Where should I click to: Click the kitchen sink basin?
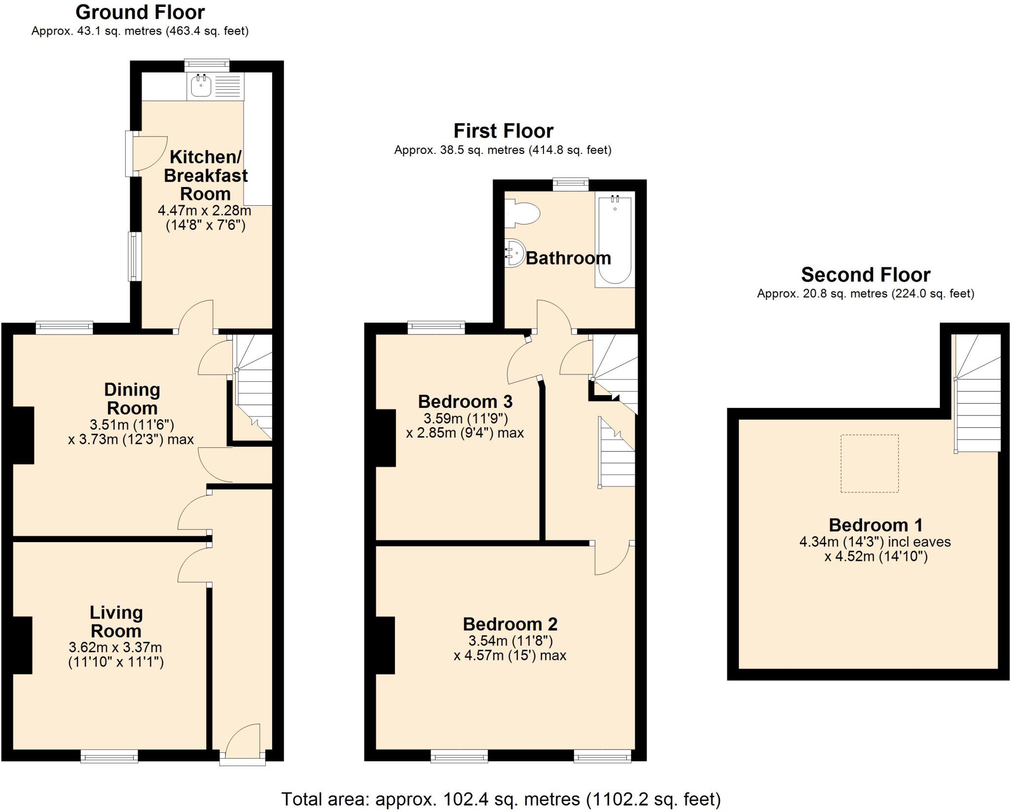coord(201,87)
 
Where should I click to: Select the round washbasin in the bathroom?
coord(515,253)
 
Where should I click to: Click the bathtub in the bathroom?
coord(614,241)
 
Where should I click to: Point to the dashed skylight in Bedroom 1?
coord(869,463)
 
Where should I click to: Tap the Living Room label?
coord(116,622)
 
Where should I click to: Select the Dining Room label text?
coord(132,399)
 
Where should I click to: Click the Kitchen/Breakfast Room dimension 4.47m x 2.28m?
coord(204,211)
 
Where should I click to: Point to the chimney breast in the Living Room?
coord(22,645)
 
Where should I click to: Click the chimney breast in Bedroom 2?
coord(385,645)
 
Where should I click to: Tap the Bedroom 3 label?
coord(465,402)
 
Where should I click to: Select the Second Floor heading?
coord(865,274)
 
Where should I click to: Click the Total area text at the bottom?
coord(501,799)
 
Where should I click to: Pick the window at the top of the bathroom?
coord(571,184)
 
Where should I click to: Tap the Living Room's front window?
coord(109,756)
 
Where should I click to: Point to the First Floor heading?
coord(503,131)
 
